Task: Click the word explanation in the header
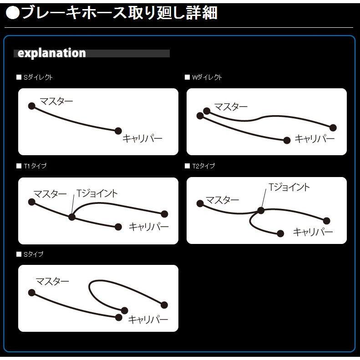[x=51, y=53]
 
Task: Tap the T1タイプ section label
[x=35, y=166]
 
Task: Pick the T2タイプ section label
[x=203, y=166]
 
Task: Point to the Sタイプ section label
[x=33, y=254]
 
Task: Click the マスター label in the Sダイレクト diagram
[x=56, y=101]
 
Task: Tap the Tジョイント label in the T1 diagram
[x=97, y=193]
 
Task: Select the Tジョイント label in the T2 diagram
[x=289, y=187]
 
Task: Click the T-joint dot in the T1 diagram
[x=71, y=217]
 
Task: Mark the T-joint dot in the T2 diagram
[x=261, y=210]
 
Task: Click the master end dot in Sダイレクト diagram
[x=31, y=106]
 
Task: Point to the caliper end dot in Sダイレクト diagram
[x=118, y=131]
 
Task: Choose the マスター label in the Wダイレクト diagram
[x=231, y=107]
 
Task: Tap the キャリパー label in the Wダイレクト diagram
[x=314, y=139]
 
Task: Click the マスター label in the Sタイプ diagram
[x=52, y=281]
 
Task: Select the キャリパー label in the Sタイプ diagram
[x=148, y=319]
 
